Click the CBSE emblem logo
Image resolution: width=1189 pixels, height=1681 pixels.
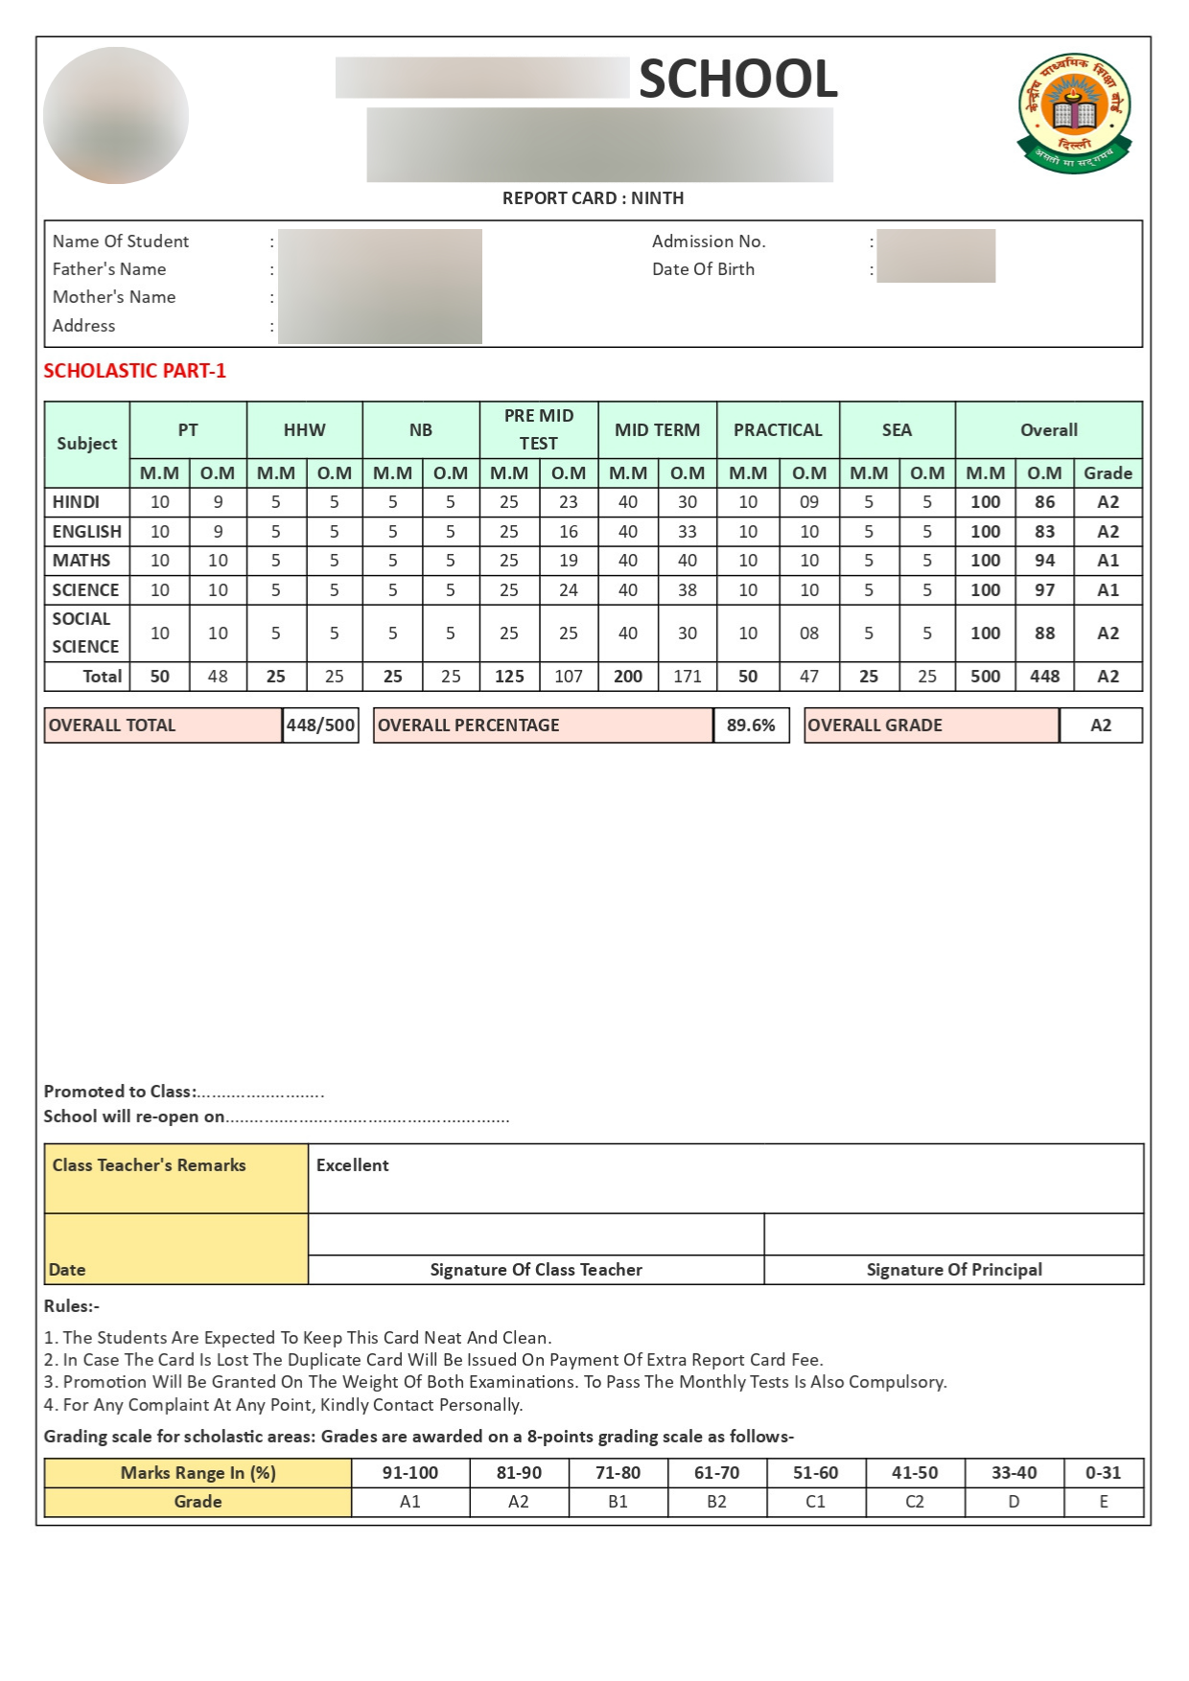(x=1074, y=113)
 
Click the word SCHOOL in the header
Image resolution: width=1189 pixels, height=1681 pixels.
(x=738, y=79)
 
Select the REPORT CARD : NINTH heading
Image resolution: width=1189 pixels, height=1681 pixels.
(x=593, y=198)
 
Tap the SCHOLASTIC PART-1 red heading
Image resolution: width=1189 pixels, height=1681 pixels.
(x=135, y=371)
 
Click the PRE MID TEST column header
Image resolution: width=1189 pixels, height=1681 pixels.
(x=539, y=429)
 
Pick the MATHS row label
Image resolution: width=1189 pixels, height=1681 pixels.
(x=82, y=561)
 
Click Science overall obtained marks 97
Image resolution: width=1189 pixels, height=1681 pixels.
(x=1044, y=590)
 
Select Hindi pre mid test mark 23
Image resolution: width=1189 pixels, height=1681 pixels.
(x=569, y=502)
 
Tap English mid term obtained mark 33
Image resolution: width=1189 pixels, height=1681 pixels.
(x=688, y=532)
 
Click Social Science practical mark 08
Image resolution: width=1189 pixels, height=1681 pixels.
(x=809, y=633)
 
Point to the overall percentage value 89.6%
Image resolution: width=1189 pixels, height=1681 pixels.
(x=751, y=725)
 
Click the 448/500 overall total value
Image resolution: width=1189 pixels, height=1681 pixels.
(x=321, y=725)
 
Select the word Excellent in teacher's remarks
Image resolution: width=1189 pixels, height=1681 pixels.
(x=353, y=1165)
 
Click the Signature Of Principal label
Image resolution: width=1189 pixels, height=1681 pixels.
(x=954, y=1270)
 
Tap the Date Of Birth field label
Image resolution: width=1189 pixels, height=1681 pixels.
(x=703, y=269)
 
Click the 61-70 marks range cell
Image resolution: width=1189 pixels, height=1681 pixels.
(x=716, y=1473)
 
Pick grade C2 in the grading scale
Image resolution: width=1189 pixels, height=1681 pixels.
(x=915, y=1502)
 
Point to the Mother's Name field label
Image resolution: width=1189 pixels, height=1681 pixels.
(x=114, y=297)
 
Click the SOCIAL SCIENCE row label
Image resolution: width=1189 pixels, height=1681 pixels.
(x=84, y=633)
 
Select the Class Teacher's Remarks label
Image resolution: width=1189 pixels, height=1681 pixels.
(x=149, y=1165)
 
